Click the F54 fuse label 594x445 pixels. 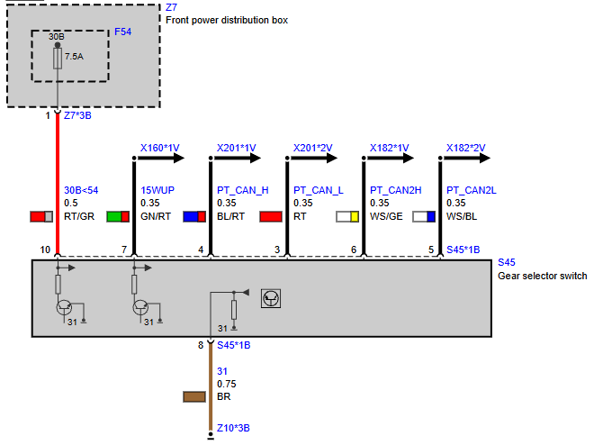coord(122,32)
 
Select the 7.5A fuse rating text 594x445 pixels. coord(74,57)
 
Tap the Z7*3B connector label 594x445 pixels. coord(77,115)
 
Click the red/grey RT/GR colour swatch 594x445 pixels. coord(41,217)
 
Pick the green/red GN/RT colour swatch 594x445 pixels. coord(118,217)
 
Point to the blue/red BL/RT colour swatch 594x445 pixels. coord(194,217)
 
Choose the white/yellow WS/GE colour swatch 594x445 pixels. coord(347,217)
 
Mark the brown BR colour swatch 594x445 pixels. coord(194,397)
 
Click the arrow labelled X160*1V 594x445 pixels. coord(160,158)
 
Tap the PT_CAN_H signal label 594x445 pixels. coord(243,190)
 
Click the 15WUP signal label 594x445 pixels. coord(157,190)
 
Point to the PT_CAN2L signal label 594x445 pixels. coord(472,190)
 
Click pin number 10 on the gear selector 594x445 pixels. coord(45,250)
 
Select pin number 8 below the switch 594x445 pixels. coord(201,345)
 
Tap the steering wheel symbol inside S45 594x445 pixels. coord(271,299)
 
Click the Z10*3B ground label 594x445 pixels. coord(233,428)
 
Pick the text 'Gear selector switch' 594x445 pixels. coord(543,276)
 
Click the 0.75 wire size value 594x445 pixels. coord(227,384)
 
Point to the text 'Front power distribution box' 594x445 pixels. coord(227,20)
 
